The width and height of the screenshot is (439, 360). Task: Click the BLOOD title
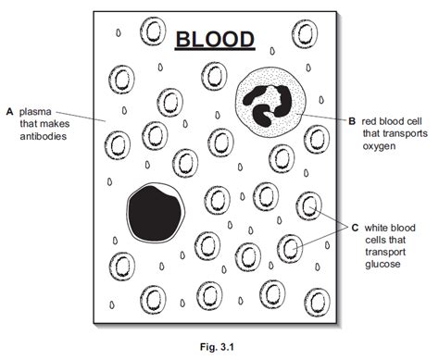[215, 40]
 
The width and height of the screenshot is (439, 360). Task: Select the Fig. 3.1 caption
[219, 346]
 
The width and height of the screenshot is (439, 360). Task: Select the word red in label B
[370, 121]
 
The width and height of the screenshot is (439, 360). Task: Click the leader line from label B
[324, 119]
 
